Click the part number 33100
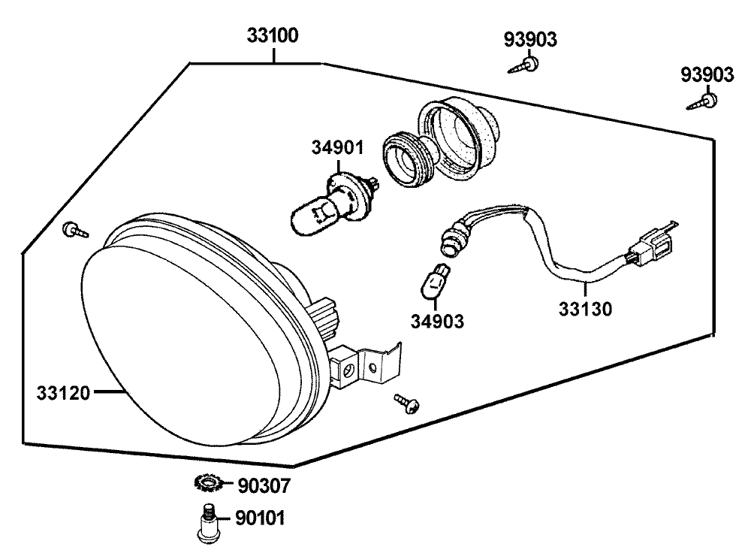[x=273, y=35]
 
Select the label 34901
[x=338, y=147]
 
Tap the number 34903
[x=437, y=321]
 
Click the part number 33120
[x=63, y=392]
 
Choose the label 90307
[x=264, y=487]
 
